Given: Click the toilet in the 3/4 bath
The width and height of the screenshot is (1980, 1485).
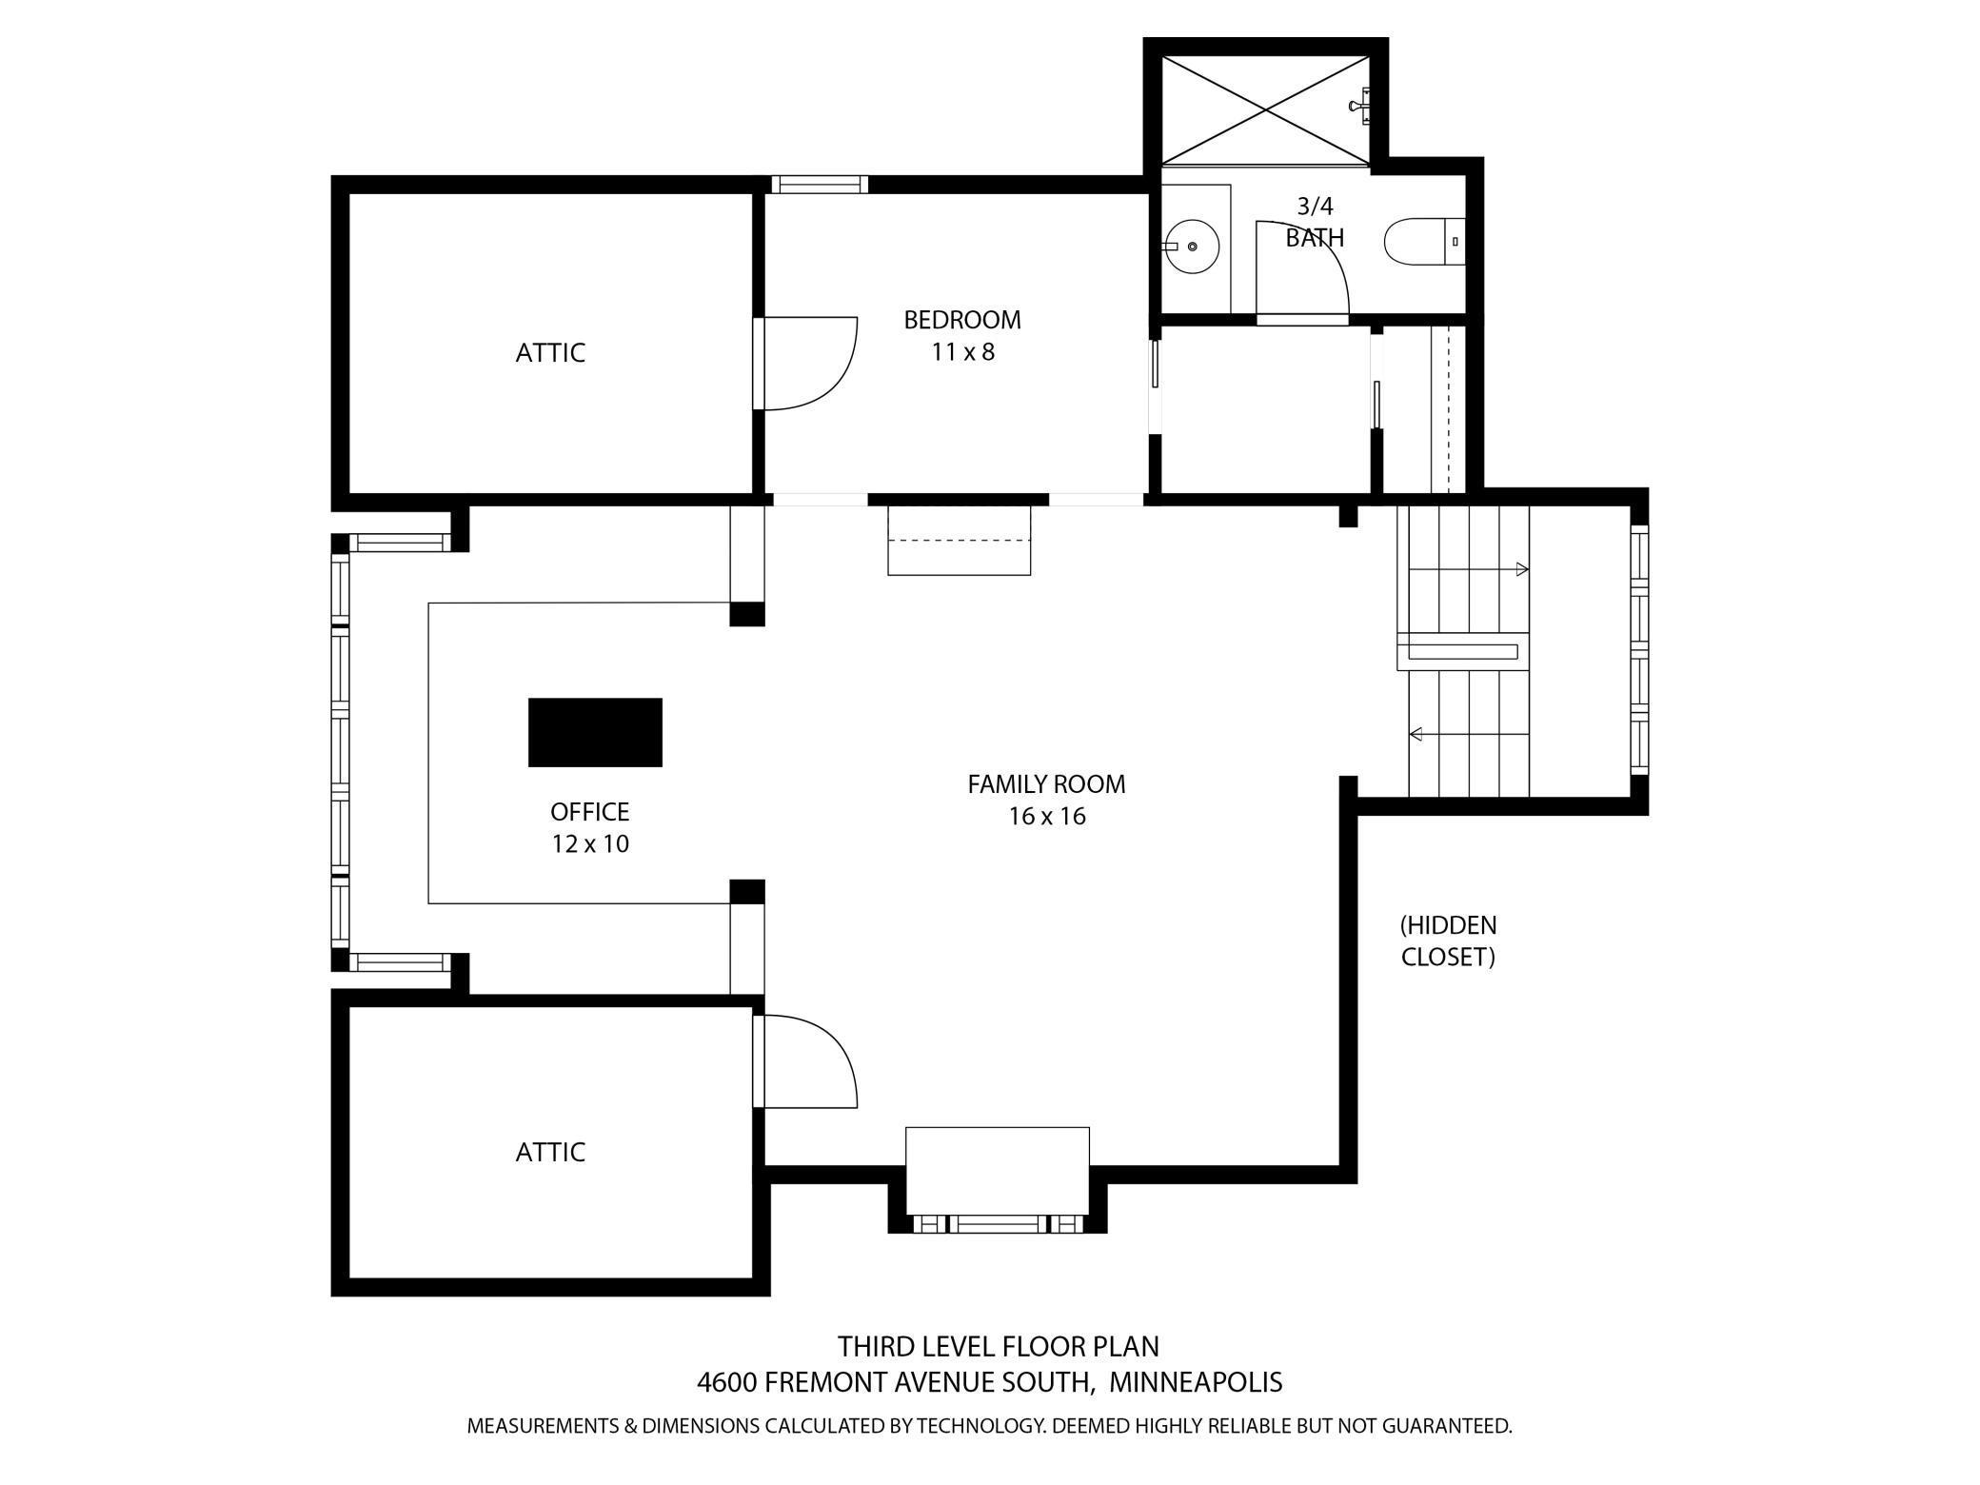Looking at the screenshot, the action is [x=1424, y=242].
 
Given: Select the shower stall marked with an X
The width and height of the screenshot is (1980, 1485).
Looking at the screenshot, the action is [x=1266, y=110].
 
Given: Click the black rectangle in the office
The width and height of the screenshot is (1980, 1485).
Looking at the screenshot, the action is [x=595, y=732].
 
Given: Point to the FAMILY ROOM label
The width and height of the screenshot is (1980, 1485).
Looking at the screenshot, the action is [x=1046, y=784].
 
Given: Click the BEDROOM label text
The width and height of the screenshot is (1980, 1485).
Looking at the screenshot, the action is [x=962, y=320].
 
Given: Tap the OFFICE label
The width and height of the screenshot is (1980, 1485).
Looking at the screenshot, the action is [x=590, y=812].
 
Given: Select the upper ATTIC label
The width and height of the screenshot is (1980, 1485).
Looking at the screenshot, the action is [x=550, y=353].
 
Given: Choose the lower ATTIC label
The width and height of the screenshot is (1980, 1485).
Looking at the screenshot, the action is [x=550, y=1152].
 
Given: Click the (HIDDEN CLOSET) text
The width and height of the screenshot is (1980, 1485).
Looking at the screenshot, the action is [x=1448, y=940].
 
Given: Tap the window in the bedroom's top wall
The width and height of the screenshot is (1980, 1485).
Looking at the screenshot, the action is [x=819, y=185].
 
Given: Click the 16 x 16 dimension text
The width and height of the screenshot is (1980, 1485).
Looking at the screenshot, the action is [x=1047, y=817].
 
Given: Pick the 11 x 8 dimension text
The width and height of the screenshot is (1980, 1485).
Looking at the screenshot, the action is [x=962, y=352].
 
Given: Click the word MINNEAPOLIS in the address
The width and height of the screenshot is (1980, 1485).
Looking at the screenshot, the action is [x=1196, y=1381].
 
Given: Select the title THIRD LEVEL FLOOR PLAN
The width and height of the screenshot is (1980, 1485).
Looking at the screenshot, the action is [x=999, y=1346].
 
